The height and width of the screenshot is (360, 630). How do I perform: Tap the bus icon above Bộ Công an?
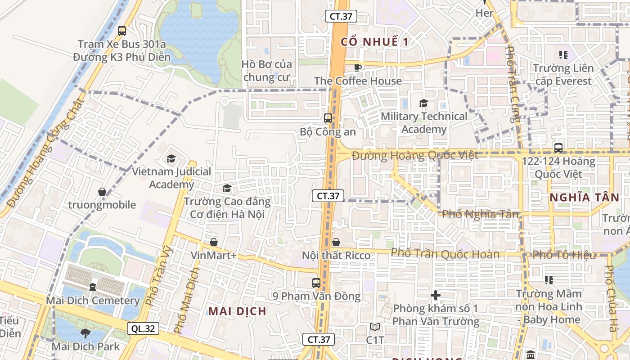click(328, 118)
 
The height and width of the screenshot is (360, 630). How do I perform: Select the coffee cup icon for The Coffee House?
click(358, 67)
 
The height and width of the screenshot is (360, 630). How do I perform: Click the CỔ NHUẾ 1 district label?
click(374, 42)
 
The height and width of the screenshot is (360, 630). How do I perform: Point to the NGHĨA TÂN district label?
click(584, 197)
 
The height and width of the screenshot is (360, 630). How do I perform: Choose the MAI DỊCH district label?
click(237, 311)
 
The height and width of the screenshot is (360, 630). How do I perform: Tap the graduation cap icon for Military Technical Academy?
click(423, 103)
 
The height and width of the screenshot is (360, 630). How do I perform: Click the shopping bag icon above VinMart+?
click(214, 242)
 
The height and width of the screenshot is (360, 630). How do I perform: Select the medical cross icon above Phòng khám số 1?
click(435, 295)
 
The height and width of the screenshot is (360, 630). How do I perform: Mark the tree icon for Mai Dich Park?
click(85, 333)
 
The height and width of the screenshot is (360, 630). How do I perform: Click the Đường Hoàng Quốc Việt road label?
click(415, 156)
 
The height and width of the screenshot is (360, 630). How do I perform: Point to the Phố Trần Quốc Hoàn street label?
click(445, 254)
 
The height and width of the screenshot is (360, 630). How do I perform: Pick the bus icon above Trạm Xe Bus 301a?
click(122, 31)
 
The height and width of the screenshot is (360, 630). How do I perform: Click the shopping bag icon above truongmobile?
click(102, 192)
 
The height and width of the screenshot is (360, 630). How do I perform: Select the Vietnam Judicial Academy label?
click(171, 178)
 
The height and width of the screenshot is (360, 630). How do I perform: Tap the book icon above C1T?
click(375, 327)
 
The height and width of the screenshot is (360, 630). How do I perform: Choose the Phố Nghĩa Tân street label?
click(480, 214)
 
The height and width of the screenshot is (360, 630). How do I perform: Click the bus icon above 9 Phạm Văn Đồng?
click(316, 283)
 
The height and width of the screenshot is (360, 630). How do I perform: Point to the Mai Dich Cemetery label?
click(93, 301)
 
